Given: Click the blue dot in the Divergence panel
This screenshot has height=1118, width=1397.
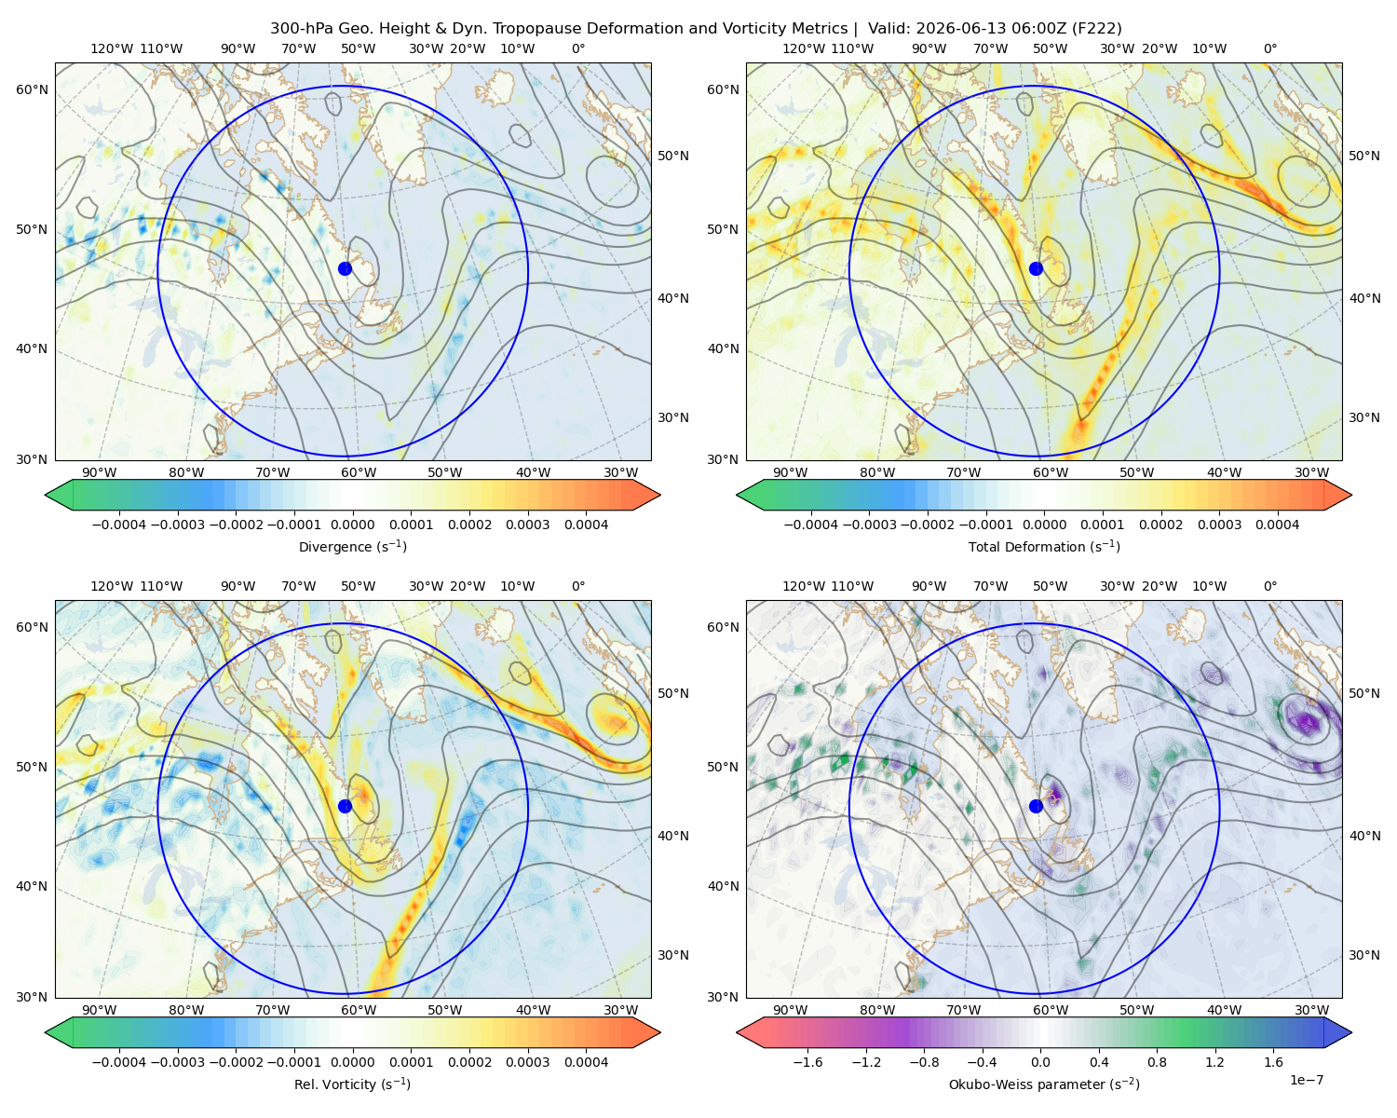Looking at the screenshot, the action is click(x=345, y=268).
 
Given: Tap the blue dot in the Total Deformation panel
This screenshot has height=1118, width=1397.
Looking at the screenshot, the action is click(x=1036, y=268).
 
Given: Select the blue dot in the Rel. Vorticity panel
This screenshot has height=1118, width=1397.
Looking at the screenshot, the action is click(x=345, y=806).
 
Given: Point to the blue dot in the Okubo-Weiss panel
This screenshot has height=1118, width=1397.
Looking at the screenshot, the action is click(x=1036, y=806).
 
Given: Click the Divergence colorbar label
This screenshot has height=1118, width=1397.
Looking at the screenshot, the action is click(x=352, y=546).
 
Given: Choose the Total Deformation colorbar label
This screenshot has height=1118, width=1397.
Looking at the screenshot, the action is click(x=1044, y=546).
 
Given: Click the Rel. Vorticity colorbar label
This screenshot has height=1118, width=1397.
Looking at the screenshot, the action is click(x=352, y=1084).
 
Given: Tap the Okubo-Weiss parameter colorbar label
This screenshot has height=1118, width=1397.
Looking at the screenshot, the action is click(x=1044, y=1084).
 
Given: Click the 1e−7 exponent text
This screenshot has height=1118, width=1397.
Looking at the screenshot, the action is click(x=1306, y=1080).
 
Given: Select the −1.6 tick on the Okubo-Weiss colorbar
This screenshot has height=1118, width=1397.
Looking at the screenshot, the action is click(x=807, y=1062).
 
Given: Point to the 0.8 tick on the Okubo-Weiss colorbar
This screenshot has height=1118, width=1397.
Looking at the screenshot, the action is click(x=1157, y=1062).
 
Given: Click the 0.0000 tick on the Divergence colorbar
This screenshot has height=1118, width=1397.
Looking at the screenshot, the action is click(x=352, y=525).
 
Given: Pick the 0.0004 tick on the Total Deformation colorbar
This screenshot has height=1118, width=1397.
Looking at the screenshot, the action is click(x=1277, y=525).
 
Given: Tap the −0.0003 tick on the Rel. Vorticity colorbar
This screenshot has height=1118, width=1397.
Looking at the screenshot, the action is click(x=177, y=1062).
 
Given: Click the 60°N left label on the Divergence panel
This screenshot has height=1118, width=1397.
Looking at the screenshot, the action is click(x=32, y=89).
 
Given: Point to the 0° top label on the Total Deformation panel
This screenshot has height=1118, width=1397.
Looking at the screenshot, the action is click(x=1269, y=48).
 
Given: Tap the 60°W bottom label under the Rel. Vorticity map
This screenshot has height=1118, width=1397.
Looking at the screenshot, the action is click(x=359, y=1010).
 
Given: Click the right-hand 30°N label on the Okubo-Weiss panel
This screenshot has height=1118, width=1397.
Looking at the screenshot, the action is click(x=1363, y=955).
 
